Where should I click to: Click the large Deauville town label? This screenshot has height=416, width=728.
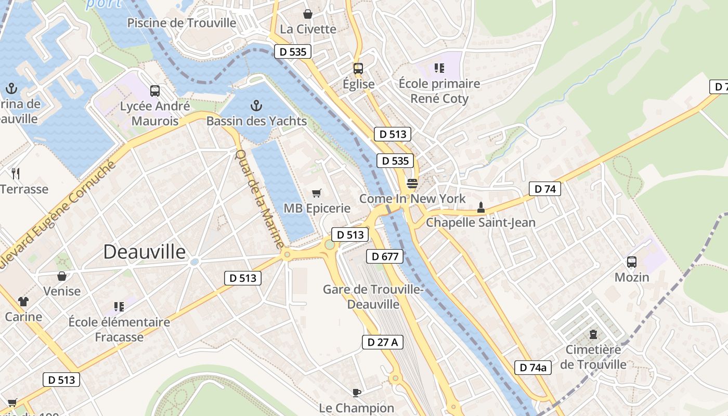point(144,252)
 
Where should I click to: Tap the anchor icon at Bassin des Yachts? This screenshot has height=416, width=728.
point(256,106)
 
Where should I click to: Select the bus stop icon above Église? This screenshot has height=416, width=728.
point(358,68)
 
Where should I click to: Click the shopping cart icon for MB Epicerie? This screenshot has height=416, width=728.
point(316,193)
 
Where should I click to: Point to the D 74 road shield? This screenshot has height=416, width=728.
point(545,189)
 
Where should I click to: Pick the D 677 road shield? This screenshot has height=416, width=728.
point(385,256)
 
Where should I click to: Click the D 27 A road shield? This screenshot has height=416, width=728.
point(382,342)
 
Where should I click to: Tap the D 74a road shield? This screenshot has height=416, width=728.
point(533,368)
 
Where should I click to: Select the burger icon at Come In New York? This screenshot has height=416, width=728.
point(412,184)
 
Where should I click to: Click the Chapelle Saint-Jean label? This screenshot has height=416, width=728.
point(480,223)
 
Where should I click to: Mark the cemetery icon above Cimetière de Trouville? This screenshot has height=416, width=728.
point(593,334)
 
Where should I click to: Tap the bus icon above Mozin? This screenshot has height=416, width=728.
point(632,262)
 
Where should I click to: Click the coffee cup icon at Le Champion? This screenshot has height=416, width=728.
point(356,393)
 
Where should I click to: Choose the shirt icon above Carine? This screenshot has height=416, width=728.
point(23,302)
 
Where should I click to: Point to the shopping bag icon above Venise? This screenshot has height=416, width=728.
point(62,276)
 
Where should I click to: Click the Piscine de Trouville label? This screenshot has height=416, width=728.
point(181,23)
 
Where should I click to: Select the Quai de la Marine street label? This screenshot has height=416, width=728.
point(260,199)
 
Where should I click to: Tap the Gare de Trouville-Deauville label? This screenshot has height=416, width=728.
point(373,296)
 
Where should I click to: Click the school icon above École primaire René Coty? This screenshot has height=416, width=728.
point(439,68)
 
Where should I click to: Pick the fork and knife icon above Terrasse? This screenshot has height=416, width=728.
point(16,173)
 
